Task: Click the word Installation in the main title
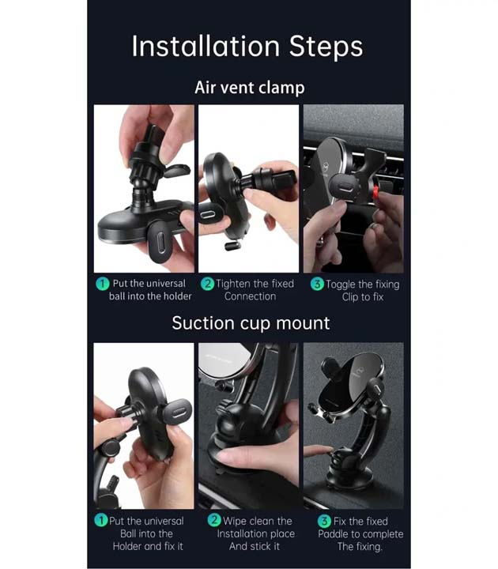[x=206, y=46]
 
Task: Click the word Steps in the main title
[x=326, y=46]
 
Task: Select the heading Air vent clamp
[x=249, y=88]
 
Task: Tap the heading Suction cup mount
[x=251, y=323]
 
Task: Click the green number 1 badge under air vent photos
[x=102, y=284]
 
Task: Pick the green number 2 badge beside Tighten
[x=207, y=284]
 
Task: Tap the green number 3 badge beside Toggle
[x=317, y=284]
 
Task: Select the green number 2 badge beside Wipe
[x=214, y=520]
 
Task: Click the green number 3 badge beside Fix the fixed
[x=324, y=521]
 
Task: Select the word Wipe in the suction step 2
[x=236, y=521]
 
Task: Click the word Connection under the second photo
[x=250, y=296]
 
